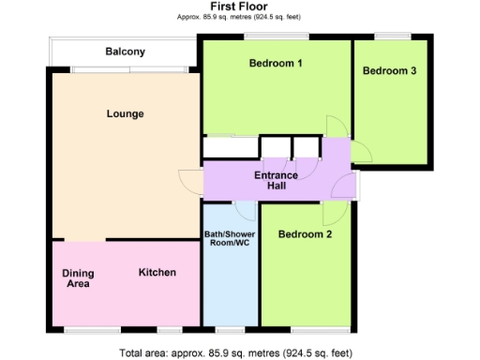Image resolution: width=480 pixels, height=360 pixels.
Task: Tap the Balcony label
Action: pos(125,52)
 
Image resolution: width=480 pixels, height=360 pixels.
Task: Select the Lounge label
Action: pos(125,114)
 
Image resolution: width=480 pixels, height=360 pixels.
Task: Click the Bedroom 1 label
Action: pos(276,64)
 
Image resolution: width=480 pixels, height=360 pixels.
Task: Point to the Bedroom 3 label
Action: pos(389,70)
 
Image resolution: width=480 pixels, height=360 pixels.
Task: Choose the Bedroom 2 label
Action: pos(305,234)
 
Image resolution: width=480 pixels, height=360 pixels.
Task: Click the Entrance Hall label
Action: pos(276,181)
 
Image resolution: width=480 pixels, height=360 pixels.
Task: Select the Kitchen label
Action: pos(157,273)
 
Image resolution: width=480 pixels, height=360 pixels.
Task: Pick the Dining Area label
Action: pos(79,278)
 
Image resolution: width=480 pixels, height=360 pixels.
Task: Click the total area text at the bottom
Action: pos(236,353)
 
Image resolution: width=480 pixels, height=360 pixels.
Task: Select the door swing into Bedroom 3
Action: pos(362,150)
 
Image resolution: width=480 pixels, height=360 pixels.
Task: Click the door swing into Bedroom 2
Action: pos(331,213)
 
